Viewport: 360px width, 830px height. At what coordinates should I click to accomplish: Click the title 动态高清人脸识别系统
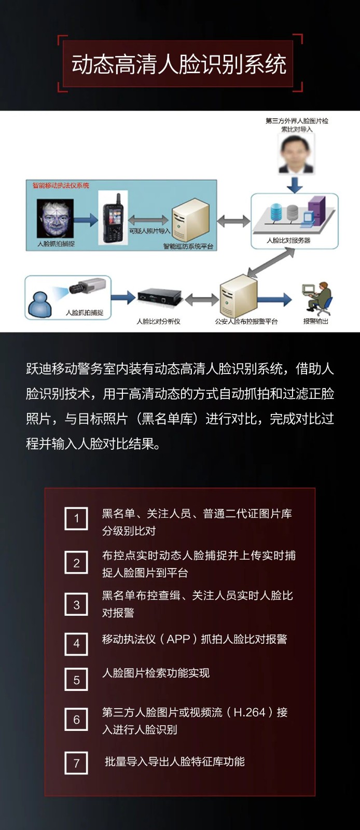tap(179, 64)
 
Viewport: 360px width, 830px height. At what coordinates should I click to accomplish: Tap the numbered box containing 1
tap(76, 518)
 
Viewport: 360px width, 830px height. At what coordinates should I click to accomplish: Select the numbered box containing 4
tap(76, 644)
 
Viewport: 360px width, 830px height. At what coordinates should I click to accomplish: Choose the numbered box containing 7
tap(76, 763)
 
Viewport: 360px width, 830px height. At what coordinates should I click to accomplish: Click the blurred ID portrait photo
tap(296, 154)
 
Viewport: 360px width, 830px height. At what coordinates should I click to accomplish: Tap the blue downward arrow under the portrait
tap(295, 185)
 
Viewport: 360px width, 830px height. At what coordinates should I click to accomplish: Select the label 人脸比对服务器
tap(288, 241)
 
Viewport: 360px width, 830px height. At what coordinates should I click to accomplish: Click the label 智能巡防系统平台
tap(188, 246)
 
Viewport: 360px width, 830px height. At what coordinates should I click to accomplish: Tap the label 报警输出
tap(315, 321)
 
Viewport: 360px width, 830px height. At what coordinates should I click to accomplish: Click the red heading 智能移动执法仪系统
tap(61, 185)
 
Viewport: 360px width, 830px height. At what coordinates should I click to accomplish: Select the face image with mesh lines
tap(55, 218)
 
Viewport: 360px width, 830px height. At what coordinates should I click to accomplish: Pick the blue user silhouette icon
tap(40, 304)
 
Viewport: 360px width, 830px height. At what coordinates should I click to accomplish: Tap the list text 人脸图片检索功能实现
tap(156, 673)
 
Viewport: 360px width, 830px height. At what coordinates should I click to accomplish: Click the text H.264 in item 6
tap(250, 712)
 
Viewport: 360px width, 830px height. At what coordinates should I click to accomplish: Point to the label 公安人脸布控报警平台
tap(246, 321)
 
